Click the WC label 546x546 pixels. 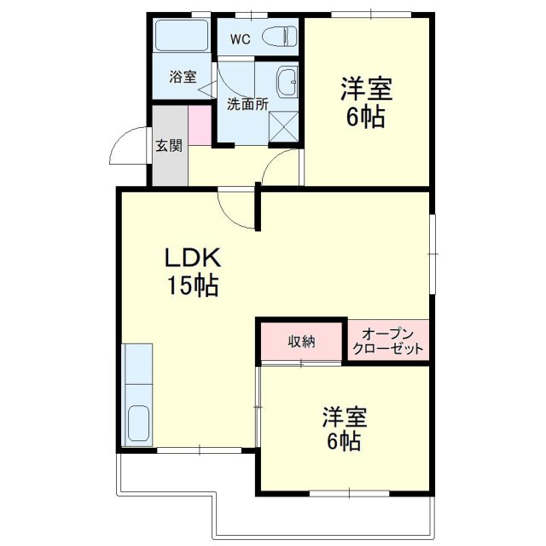tap(241, 39)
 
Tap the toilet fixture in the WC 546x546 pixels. tap(280, 37)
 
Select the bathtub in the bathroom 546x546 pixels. tap(182, 35)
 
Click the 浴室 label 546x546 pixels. tap(183, 77)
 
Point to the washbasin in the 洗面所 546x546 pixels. tap(288, 83)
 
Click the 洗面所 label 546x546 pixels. tap(247, 104)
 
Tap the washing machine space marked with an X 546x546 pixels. tap(284, 126)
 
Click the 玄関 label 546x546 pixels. tap(169, 146)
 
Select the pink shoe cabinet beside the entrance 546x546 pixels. tap(200, 125)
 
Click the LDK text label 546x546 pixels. tap(193, 258)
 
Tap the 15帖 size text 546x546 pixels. tap(194, 285)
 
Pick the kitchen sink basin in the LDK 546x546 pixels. tap(138, 423)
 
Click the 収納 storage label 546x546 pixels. tap(301, 341)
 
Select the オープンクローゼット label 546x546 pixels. tap(388, 341)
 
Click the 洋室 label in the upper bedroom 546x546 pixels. tap(366, 89)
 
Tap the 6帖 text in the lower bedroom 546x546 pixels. tap(343, 442)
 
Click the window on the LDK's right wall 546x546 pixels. tap(433, 254)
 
